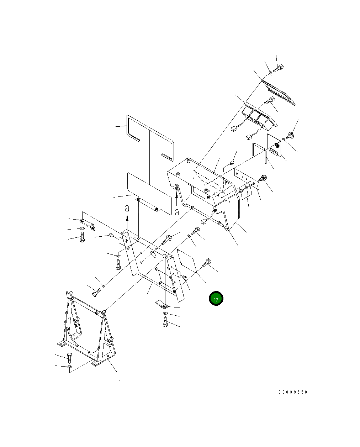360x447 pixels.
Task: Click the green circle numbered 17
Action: pos(216,299)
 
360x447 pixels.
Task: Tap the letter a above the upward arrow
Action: pos(127,208)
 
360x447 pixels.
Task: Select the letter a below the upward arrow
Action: pos(177,212)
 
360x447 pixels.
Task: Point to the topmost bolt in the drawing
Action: pos(279,69)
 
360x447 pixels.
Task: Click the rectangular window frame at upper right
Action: pos(279,93)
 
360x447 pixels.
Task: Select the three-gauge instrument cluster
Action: pos(260,116)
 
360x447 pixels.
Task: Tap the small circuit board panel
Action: pos(274,145)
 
